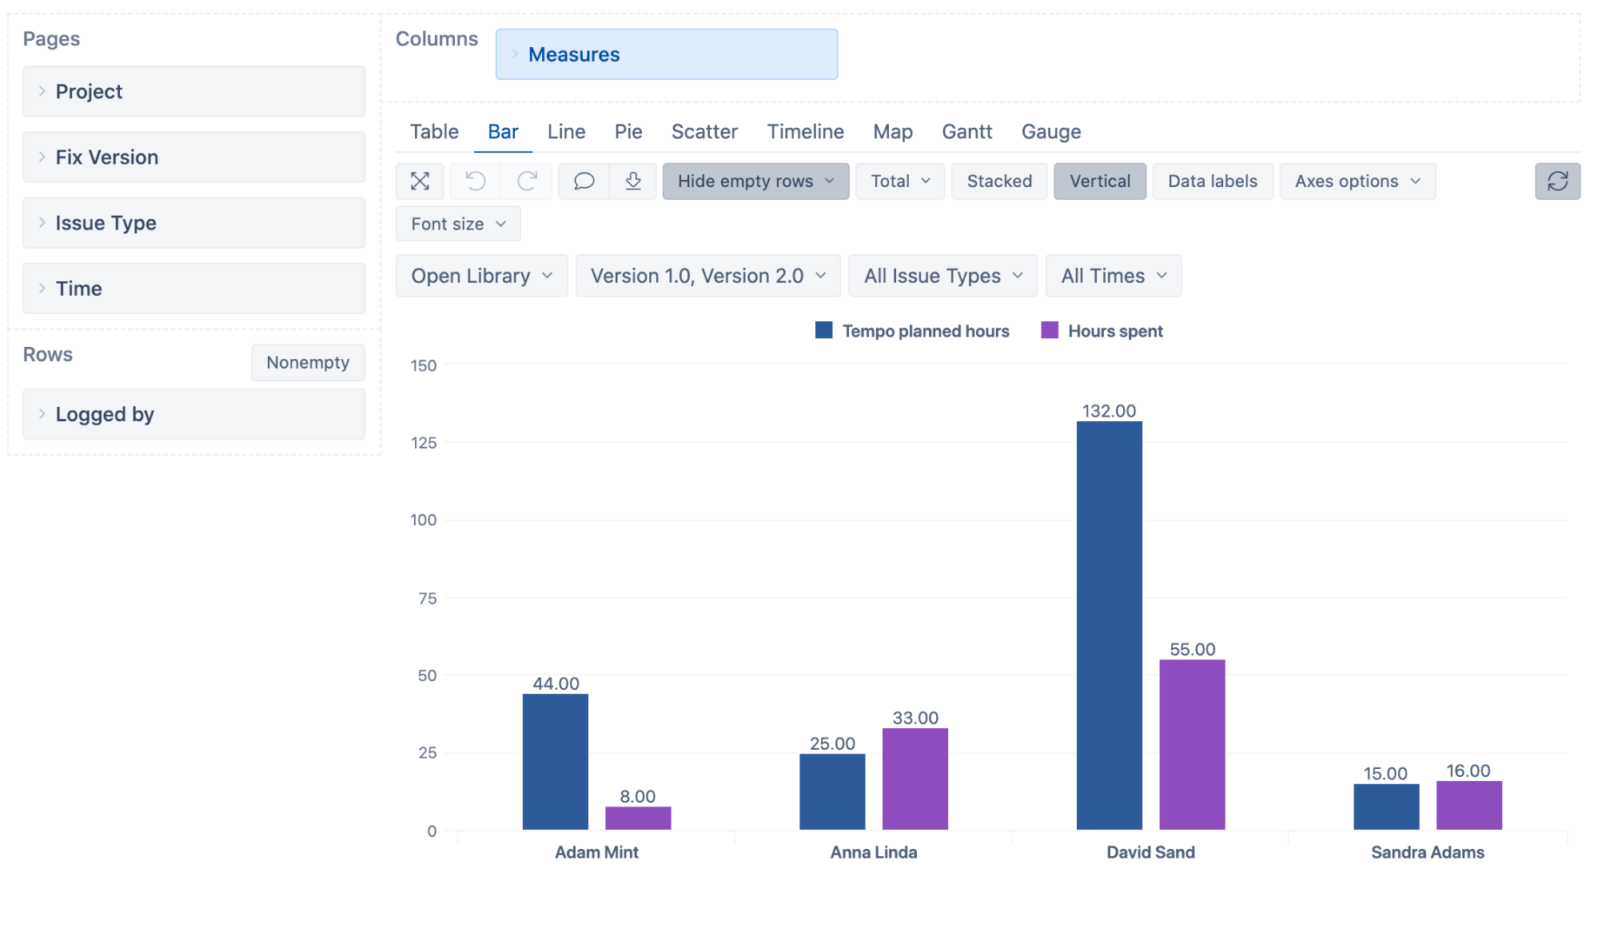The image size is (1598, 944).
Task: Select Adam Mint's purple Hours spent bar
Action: (x=638, y=818)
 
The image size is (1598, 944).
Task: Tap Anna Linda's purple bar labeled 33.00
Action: (x=915, y=779)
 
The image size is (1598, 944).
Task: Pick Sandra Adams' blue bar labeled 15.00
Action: (x=1385, y=807)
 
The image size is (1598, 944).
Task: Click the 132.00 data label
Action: (x=1109, y=411)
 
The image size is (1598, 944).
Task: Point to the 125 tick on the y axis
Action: (x=424, y=443)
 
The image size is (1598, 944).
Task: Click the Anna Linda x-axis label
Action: (x=873, y=852)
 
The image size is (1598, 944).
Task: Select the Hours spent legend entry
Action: (x=1102, y=331)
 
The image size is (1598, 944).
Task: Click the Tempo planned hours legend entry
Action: (x=912, y=331)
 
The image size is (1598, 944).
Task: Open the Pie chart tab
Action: (x=628, y=132)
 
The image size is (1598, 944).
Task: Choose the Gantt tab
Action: (x=966, y=132)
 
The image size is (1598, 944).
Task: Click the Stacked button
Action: (x=998, y=181)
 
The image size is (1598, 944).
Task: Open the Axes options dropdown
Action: (x=1357, y=181)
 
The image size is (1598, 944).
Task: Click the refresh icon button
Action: (x=1556, y=181)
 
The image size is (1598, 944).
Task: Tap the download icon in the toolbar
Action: (x=633, y=181)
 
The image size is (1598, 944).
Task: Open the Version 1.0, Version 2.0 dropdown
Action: (x=707, y=276)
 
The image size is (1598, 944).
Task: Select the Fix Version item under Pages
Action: (x=193, y=157)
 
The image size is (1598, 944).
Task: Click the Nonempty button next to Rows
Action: (x=308, y=363)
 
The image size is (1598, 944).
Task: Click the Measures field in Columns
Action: (x=666, y=54)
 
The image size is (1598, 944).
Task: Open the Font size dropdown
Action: (x=457, y=224)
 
